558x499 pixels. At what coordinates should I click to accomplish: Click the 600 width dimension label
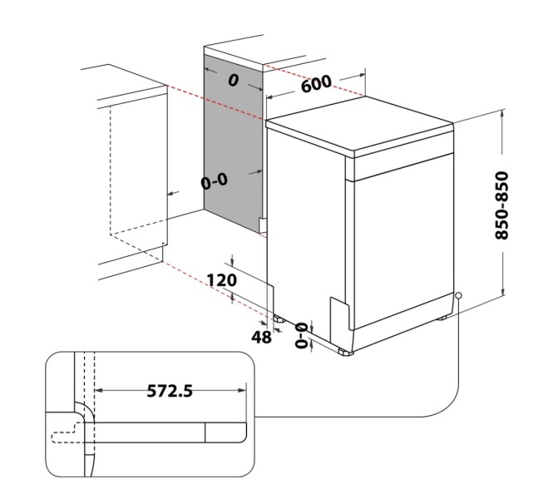click(x=317, y=84)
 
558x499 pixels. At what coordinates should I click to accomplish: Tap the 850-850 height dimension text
click(x=502, y=205)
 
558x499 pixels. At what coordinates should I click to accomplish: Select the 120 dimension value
click(x=221, y=280)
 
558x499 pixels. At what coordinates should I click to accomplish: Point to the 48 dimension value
click(x=261, y=337)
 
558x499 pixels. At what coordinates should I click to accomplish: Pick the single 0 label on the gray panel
click(x=233, y=79)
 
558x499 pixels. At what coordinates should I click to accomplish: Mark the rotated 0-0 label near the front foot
click(x=302, y=333)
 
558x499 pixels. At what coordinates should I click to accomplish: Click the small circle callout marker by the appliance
click(x=458, y=296)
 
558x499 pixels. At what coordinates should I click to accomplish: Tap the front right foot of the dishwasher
click(x=345, y=352)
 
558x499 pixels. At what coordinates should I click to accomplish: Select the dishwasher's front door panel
click(x=399, y=241)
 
